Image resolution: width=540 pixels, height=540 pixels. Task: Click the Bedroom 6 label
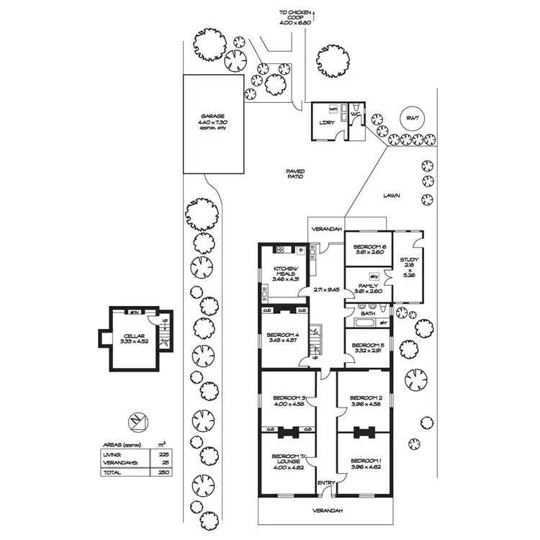click(368, 248)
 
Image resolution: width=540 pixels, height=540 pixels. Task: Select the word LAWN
click(392, 195)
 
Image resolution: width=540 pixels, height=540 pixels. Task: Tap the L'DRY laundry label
click(325, 121)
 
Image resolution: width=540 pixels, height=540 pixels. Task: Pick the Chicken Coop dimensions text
click(295, 22)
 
